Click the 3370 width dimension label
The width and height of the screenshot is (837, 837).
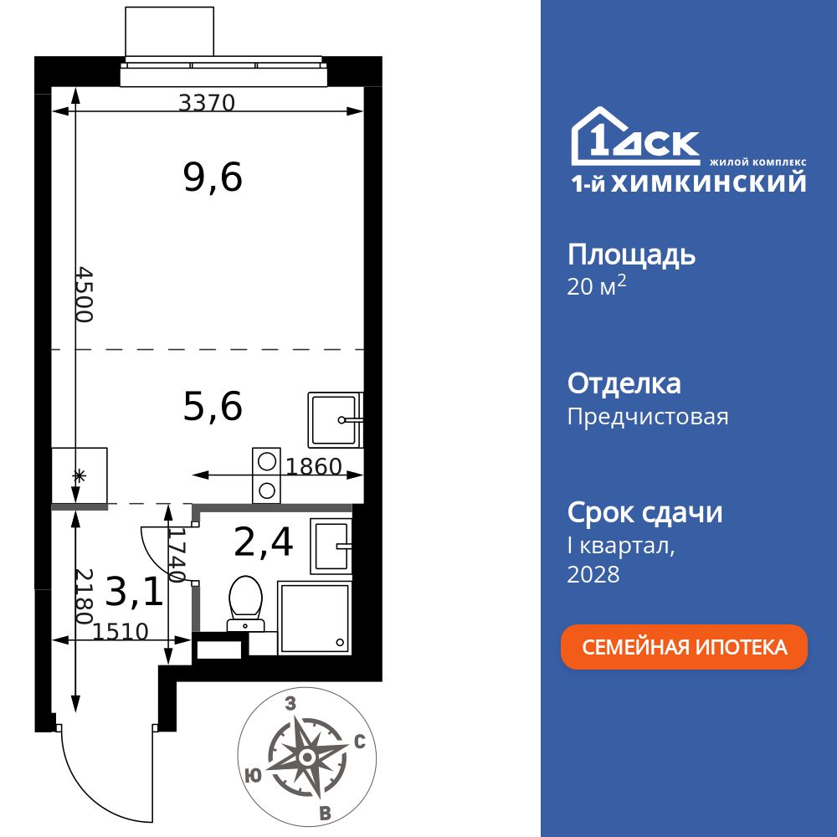pyautogui.click(x=208, y=103)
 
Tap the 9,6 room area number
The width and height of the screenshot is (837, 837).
pyautogui.click(x=213, y=177)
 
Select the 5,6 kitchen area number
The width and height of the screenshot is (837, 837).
pyautogui.click(x=213, y=407)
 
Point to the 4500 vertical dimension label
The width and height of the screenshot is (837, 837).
pyautogui.click(x=85, y=295)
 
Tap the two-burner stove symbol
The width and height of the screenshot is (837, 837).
pyautogui.click(x=267, y=475)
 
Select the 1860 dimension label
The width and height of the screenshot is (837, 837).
pyautogui.click(x=314, y=466)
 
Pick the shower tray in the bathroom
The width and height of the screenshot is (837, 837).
pyautogui.click(x=314, y=618)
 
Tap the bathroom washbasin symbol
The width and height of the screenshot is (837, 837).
pyautogui.click(x=331, y=546)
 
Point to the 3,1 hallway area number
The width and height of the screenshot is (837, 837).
pyautogui.click(x=134, y=592)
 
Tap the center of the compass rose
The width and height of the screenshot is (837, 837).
pyautogui.click(x=307, y=757)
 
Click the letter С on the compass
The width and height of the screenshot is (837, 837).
pyautogui.click(x=359, y=741)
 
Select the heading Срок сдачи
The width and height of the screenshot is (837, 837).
pyautogui.click(x=644, y=512)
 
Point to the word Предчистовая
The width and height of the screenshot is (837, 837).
pyautogui.click(x=648, y=417)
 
